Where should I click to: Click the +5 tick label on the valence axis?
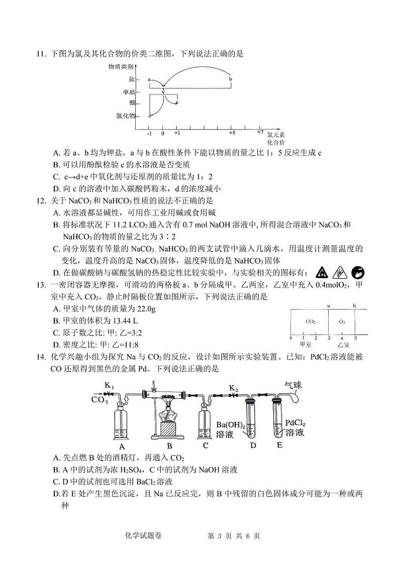(232, 134)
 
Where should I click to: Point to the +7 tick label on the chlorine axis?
(260, 132)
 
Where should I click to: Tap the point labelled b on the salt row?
(231, 79)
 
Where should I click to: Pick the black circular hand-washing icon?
(358, 272)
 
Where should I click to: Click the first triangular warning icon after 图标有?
(321, 272)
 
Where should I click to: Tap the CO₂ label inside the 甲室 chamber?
(310, 321)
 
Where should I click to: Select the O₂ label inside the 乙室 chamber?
(342, 321)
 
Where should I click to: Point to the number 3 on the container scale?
(329, 338)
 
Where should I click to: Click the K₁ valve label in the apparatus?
(110, 386)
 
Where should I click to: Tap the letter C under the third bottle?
(206, 445)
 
